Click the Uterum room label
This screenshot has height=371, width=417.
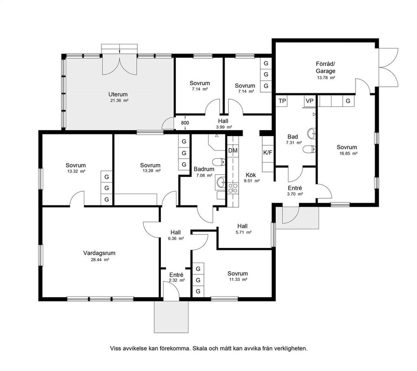click(118, 94)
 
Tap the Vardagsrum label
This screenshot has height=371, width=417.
click(99, 253)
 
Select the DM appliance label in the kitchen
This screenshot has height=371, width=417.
click(233, 150)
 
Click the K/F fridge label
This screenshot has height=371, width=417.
click(268, 153)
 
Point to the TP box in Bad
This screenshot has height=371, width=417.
click(282, 101)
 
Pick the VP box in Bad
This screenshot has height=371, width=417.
click(310, 101)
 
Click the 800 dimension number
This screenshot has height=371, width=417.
click(185, 123)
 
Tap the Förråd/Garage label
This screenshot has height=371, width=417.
click(325, 67)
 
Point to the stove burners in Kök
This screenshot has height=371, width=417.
click(233, 188)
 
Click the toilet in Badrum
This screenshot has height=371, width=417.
click(219, 162)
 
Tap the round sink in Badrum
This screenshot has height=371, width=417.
click(221, 182)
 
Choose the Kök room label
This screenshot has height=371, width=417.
click(251, 175)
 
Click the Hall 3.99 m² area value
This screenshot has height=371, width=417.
click(224, 127)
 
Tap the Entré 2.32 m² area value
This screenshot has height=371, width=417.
click(177, 280)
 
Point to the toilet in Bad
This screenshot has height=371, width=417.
click(309, 149)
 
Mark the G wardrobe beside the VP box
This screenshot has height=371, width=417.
click(348, 101)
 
